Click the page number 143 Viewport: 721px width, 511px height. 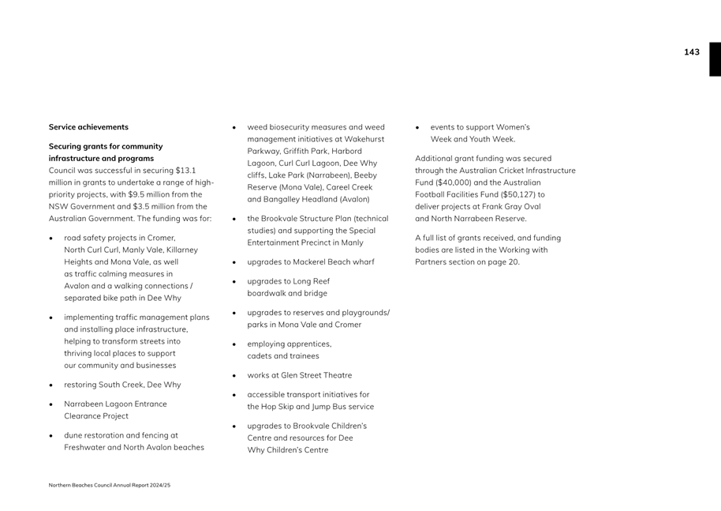point(691,52)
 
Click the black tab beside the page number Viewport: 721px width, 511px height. point(715,59)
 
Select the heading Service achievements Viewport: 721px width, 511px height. point(88,127)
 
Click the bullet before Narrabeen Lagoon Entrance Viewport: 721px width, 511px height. point(51,404)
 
